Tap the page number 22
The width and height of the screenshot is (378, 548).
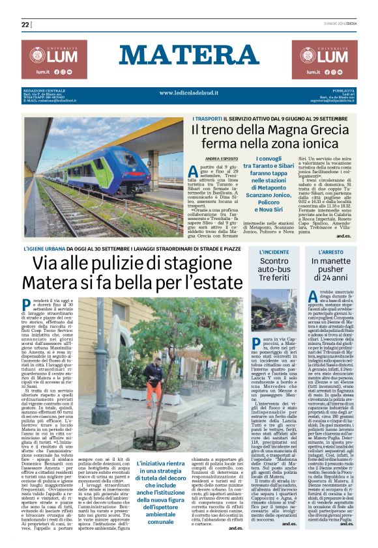tap(25, 25)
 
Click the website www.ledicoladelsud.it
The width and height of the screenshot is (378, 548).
tap(188, 93)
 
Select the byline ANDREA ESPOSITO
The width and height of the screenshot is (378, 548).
tap(222, 158)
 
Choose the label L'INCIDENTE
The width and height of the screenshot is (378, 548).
tap(274, 251)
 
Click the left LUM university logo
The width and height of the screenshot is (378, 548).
tap(53, 59)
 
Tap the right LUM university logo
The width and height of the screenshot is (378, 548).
tap(325, 59)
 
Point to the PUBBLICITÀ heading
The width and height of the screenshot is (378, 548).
tap(342, 90)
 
